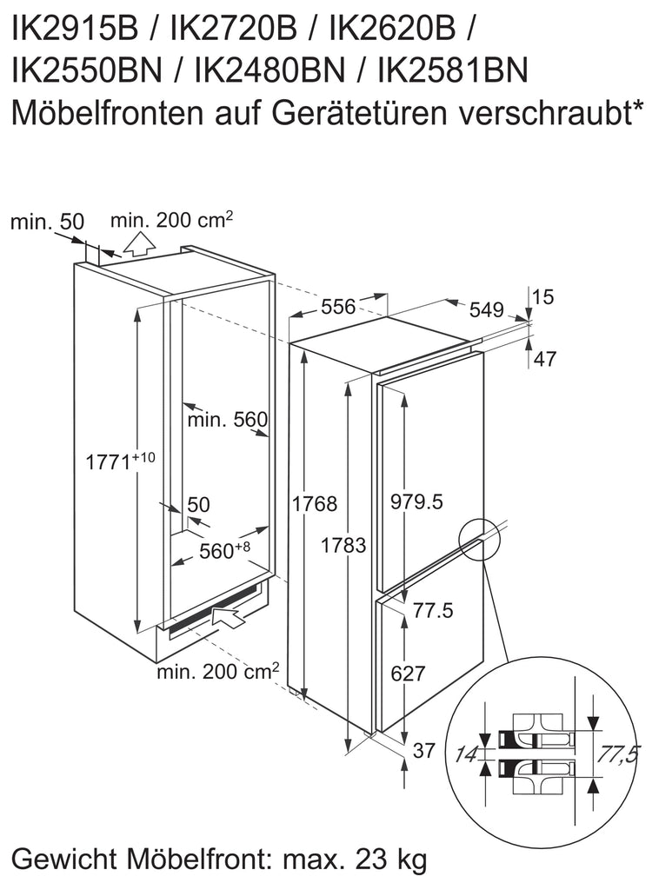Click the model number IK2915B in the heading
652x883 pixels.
tap(75, 30)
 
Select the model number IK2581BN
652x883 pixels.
tap(454, 71)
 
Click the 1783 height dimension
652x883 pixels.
tap(343, 545)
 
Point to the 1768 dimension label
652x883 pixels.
tap(315, 503)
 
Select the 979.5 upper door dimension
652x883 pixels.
tap(417, 501)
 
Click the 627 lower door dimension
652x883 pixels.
tap(408, 673)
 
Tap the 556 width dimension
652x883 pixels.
tap(338, 306)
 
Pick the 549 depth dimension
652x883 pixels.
tap(486, 309)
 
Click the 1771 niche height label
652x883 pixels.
tap(120, 461)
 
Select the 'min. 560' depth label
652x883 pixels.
tap(228, 419)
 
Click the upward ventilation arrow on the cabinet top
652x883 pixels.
tap(138, 244)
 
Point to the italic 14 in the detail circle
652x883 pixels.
tap(466, 754)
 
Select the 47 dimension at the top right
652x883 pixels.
tap(544, 358)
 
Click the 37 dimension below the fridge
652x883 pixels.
tap(424, 750)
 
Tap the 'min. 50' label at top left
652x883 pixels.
tap(47, 222)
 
